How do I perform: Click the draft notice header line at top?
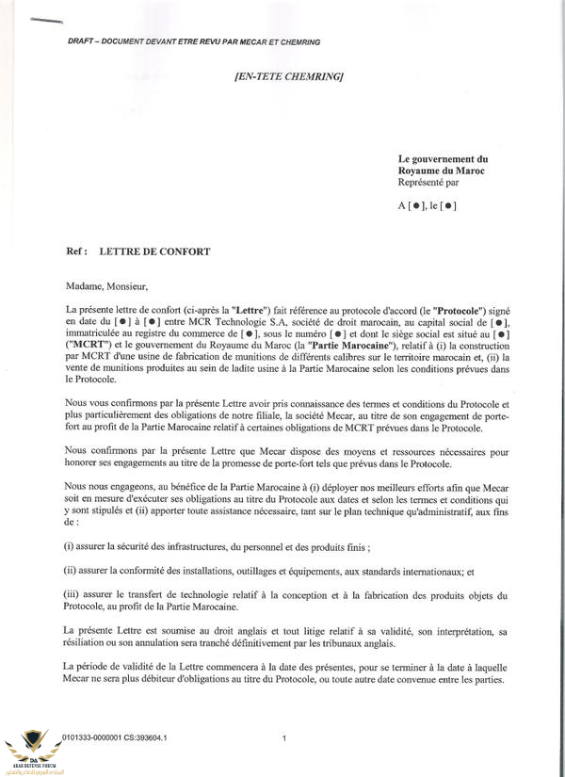click(194, 42)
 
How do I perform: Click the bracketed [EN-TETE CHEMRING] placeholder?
click(287, 75)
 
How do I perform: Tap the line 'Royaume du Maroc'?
click(439, 171)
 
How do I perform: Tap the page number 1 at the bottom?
click(284, 739)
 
